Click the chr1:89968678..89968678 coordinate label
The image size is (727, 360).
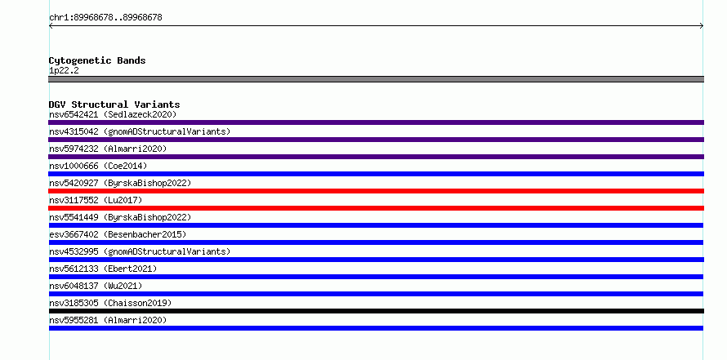(x=105, y=18)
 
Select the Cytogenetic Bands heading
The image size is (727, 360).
(x=97, y=60)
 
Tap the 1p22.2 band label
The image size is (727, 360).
(x=64, y=70)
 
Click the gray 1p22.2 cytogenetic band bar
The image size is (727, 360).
(x=376, y=79)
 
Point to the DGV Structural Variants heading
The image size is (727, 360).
(x=114, y=104)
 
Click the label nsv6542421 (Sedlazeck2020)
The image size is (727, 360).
(x=113, y=114)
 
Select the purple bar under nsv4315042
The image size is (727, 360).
(x=376, y=140)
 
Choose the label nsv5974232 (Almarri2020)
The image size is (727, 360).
(x=108, y=149)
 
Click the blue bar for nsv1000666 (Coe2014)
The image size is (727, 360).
(x=376, y=174)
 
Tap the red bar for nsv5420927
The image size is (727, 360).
(x=376, y=191)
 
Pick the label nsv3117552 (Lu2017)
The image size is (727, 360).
(x=96, y=200)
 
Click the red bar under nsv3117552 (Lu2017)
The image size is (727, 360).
(x=376, y=208)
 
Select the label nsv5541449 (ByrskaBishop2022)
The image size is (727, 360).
(x=120, y=217)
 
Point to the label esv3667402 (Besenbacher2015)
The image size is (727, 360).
(x=118, y=234)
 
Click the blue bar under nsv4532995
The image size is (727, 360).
(x=376, y=260)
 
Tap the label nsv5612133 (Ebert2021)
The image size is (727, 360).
(x=103, y=269)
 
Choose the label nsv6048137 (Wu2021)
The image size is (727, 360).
(x=96, y=286)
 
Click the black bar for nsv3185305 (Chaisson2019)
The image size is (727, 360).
(x=376, y=311)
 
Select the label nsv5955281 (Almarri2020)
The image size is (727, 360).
(x=108, y=320)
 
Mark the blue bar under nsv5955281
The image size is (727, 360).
(x=376, y=328)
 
